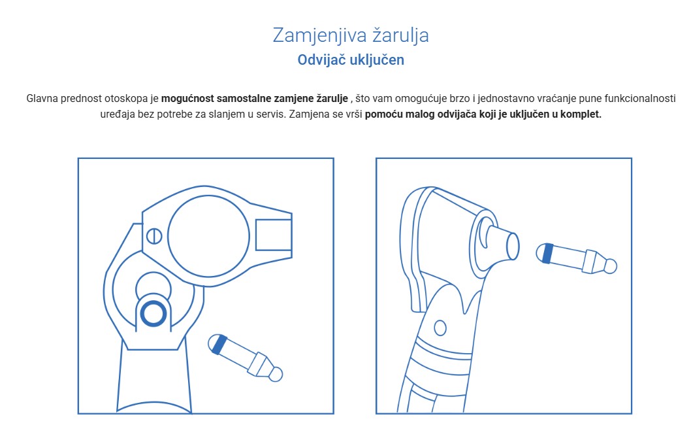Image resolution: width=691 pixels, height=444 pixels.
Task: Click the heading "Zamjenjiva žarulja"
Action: click(351, 35)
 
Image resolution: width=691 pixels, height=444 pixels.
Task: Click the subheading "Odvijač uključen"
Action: click(351, 60)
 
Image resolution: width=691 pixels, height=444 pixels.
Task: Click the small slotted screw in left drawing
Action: click(154, 235)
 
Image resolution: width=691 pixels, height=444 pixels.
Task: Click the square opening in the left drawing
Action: click(273, 235)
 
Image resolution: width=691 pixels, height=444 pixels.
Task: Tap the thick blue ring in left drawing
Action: click(153, 315)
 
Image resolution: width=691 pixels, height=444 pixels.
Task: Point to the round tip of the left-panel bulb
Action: click(276, 374)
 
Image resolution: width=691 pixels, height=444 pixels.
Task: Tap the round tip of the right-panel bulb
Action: click(610, 266)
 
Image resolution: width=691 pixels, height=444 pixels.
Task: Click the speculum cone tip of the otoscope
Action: click(512, 245)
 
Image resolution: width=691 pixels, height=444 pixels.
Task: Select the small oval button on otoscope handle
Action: click(440, 327)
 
